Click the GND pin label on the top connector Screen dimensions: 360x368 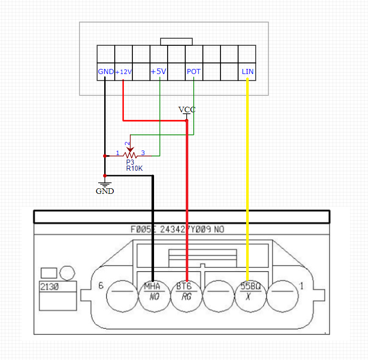[106, 71]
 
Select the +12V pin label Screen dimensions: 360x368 [124, 72]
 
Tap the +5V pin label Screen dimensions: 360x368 [158, 71]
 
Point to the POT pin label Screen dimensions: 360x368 [194, 71]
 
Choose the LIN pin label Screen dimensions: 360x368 [248, 71]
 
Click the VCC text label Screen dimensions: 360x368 [187, 110]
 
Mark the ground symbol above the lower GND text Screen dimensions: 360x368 [105, 183]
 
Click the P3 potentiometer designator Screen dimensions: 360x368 [130, 162]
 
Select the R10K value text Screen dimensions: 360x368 [134, 168]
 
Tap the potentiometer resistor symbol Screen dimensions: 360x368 [130, 154]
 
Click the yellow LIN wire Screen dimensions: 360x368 [247, 176]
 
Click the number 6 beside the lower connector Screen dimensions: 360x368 [101, 285]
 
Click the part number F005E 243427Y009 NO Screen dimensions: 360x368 [177, 230]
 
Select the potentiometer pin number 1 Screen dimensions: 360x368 [118, 153]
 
